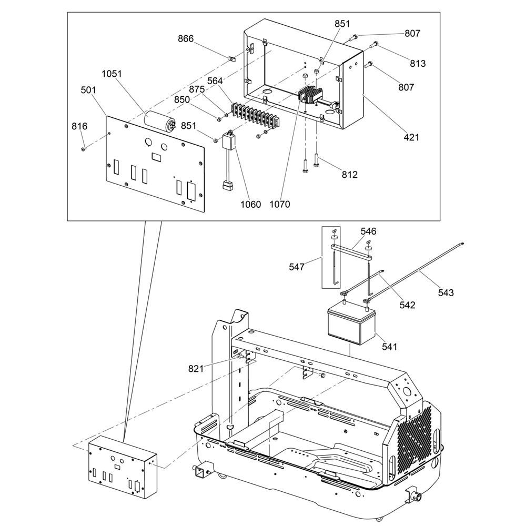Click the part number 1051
(x=112, y=74)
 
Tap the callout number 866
(x=186, y=39)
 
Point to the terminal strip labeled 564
(x=255, y=116)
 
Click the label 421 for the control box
(x=411, y=137)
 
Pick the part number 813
(x=418, y=64)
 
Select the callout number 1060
(x=250, y=204)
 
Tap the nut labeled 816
(x=83, y=149)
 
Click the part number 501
(x=88, y=90)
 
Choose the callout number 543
(x=446, y=293)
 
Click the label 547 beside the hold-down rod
(x=297, y=267)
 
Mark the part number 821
(x=196, y=369)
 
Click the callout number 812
(x=350, y=175)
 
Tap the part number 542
(x=407, y=305)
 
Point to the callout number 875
(x=197, y=89)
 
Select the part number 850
(x=182, y=100)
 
